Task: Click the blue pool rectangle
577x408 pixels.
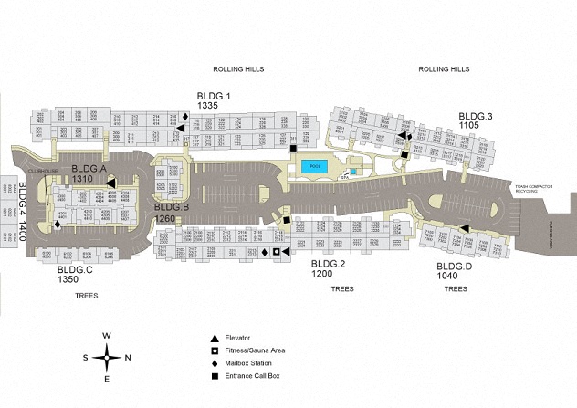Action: tap(315, 167)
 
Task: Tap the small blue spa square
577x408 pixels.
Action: tap(354, 171)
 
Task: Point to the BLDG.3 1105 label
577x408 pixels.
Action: tap(476, 121)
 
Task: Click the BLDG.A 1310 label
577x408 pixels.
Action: tap(89, 174)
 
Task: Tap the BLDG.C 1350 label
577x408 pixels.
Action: tap(75, 276)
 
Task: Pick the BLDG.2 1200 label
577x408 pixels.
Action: tap(328, 268)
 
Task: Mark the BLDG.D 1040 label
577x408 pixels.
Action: tap(455, 270)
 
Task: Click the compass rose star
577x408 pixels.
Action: tap(107, 357)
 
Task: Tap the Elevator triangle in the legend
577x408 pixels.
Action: tap(215, 338)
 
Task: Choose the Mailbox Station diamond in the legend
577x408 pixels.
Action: tap(215, 363)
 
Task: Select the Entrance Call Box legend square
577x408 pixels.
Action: tap(215, 376)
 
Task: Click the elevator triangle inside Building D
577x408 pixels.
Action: tap(465, 229)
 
